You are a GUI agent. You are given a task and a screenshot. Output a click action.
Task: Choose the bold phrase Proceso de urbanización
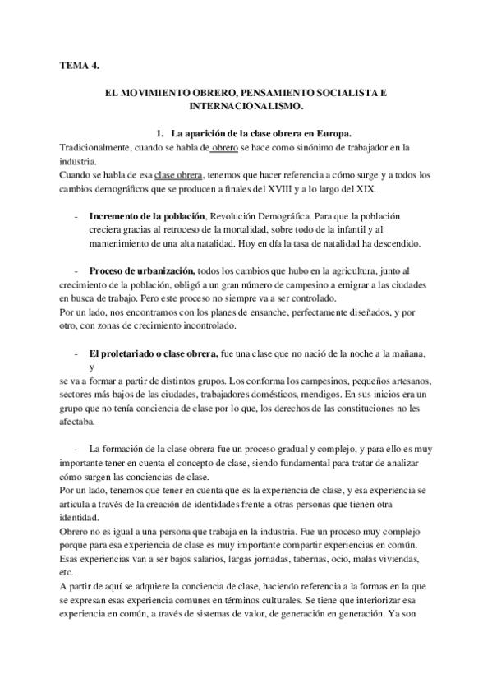pos(142,270)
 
